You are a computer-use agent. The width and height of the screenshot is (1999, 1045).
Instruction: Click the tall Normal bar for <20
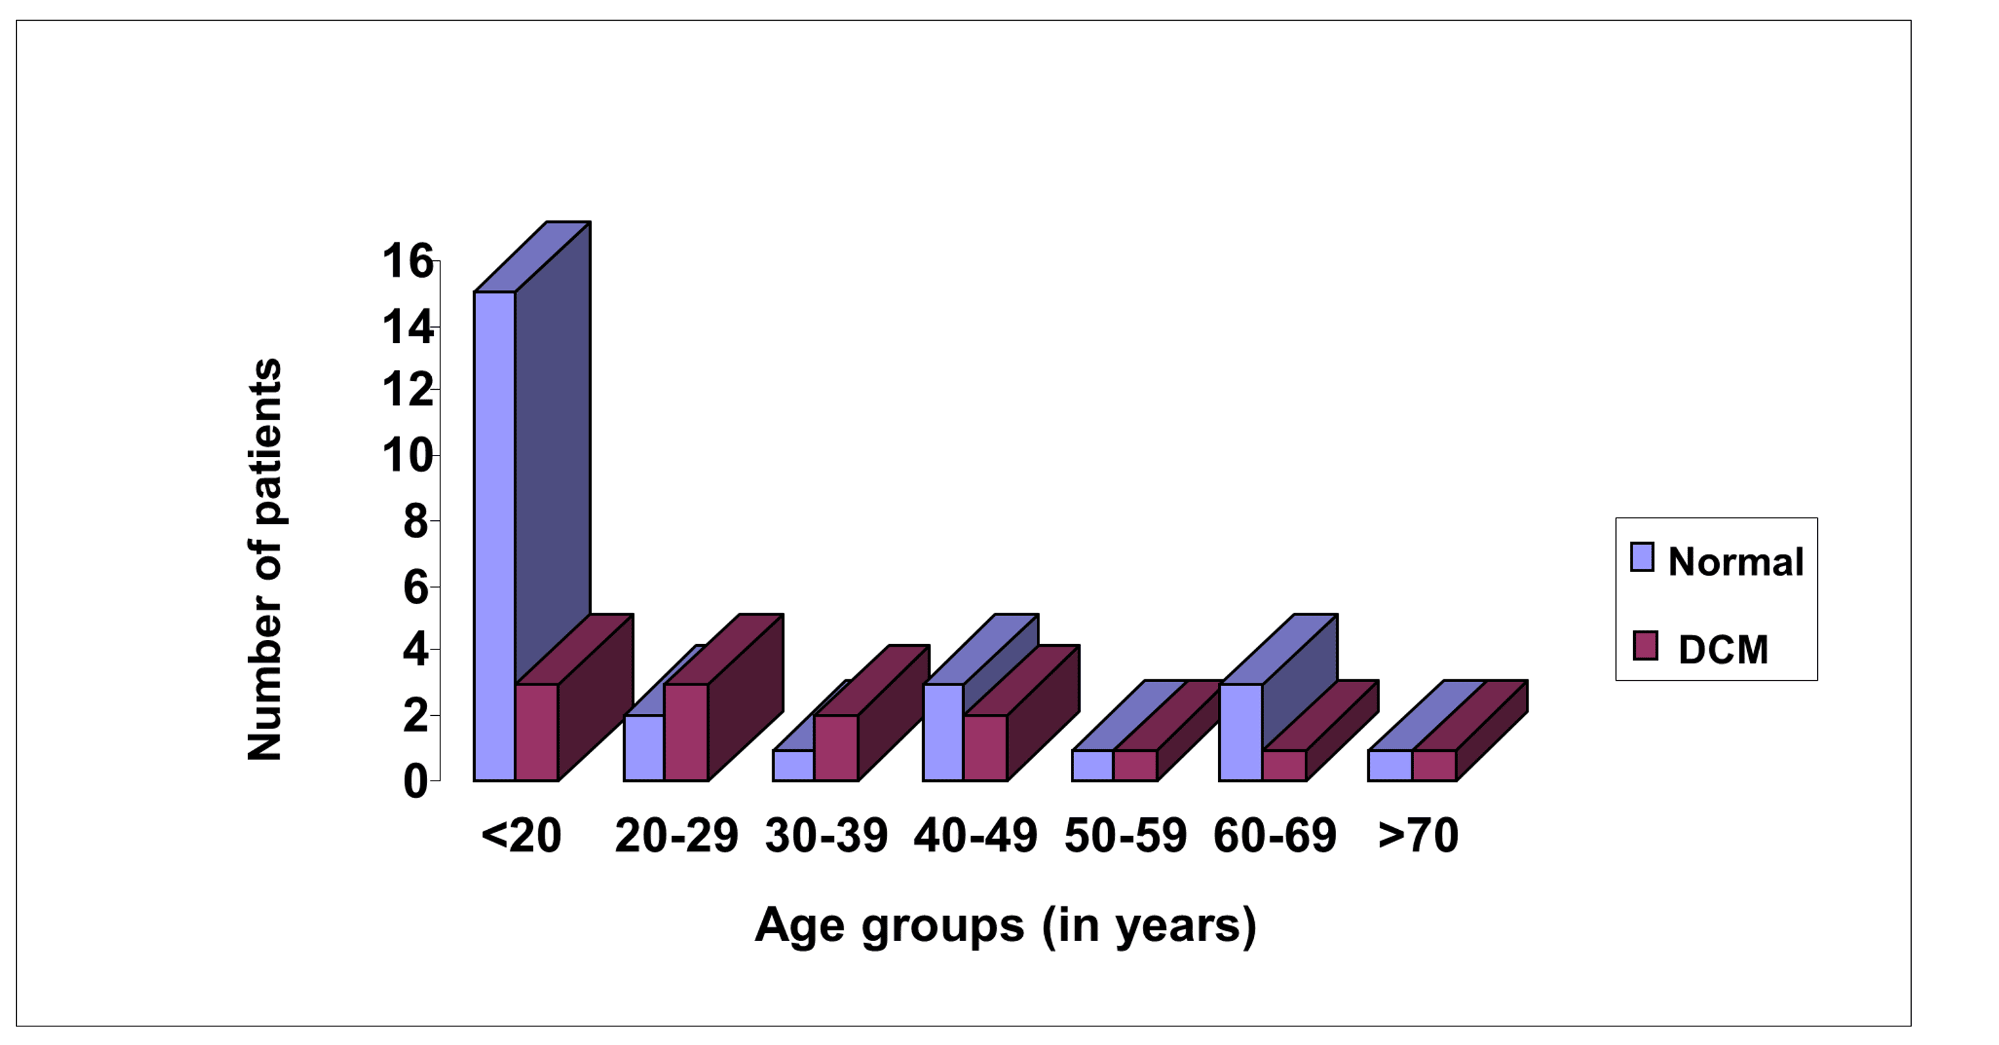pos(494,535)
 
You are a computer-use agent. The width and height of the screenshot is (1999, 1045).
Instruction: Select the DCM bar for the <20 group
pos(536,731)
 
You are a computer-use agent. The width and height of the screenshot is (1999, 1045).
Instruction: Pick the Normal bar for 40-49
pos(943,731)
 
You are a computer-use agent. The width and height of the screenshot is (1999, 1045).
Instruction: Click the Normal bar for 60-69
pos(1240,731)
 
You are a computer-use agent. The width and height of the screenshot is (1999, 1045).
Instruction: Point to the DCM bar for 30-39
pos(836,747)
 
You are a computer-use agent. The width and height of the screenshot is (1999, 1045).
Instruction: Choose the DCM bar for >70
pos(1433,765)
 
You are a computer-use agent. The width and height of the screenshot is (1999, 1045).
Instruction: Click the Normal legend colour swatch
pos(1641,557)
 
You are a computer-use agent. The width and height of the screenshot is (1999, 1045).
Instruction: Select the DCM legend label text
pos(1722,649)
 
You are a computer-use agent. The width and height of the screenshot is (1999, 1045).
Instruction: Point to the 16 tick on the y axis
pos(407,262)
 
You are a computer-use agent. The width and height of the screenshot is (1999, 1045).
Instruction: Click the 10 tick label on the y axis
pos(407,456)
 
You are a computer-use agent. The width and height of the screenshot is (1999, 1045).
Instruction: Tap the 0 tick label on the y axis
pos(415,781)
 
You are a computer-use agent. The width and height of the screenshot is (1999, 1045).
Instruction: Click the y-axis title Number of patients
pos(265,559)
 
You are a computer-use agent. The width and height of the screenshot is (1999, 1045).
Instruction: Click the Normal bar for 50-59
pos(1092,765)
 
